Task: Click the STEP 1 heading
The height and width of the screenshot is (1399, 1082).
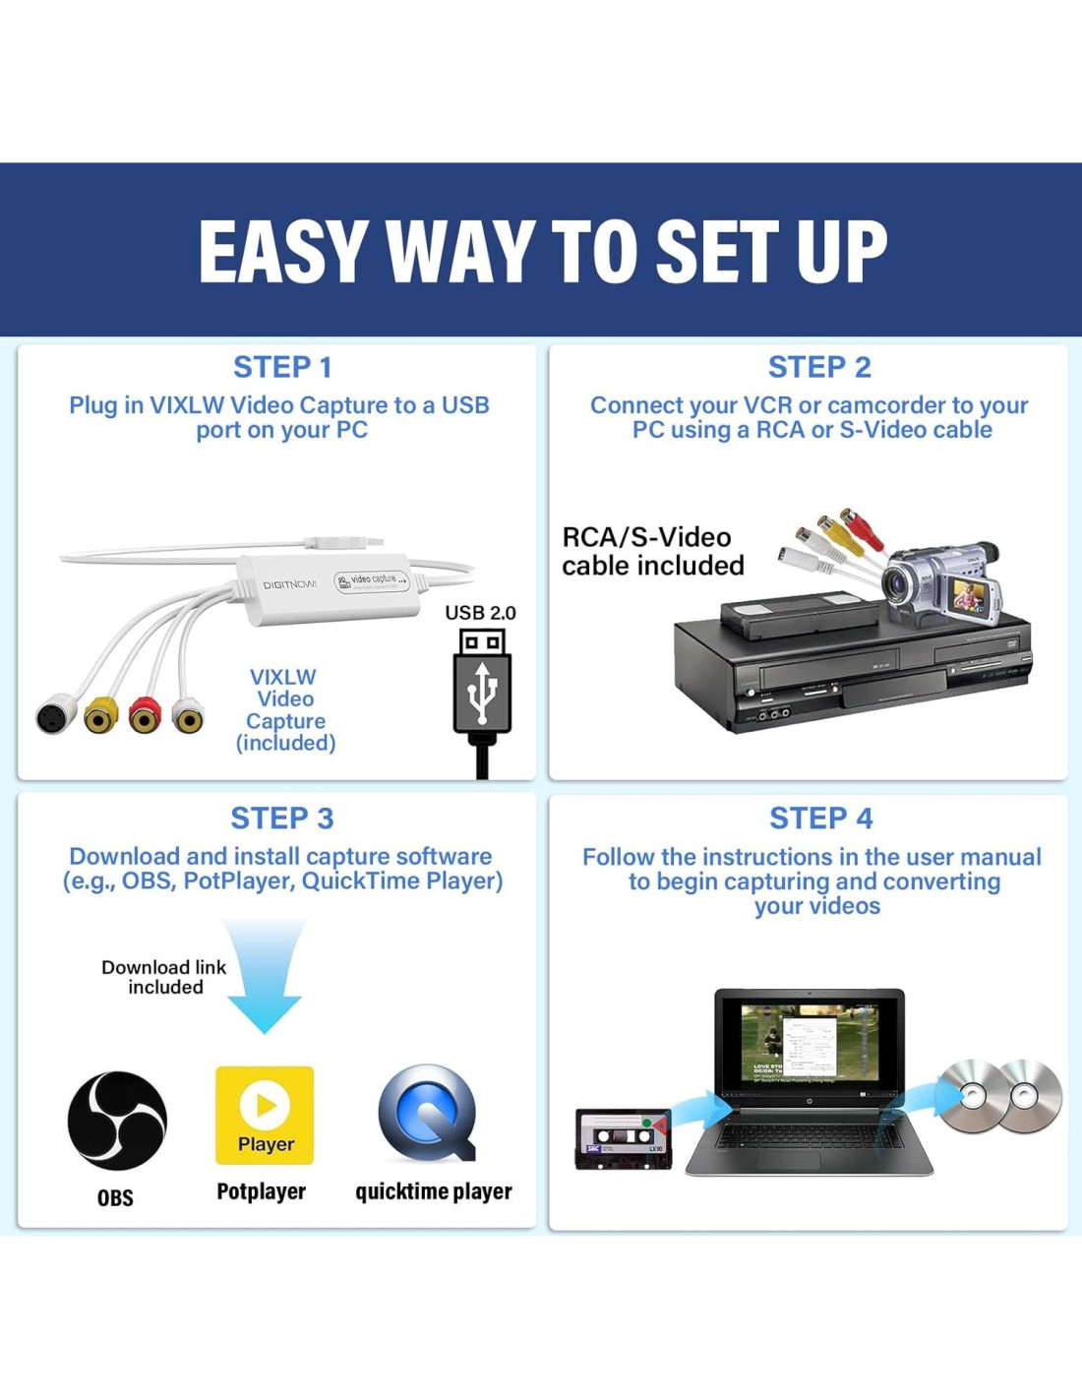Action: [282, 368]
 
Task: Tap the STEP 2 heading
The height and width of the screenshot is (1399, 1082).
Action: [819, 368]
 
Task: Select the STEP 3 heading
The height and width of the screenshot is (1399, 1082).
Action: [282, 819]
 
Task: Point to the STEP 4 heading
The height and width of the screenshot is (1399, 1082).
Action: [820, 819]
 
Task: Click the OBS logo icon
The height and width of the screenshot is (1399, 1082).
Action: [116, 1121]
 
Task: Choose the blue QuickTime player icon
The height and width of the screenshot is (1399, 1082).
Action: [429, 1114]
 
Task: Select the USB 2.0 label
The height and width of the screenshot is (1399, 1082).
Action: [480, 613]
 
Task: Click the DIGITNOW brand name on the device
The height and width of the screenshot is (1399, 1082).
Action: [289, 584]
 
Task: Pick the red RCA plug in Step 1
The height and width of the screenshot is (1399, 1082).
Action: [147, 714]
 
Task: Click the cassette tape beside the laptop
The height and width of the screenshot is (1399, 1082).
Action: [623, 1139]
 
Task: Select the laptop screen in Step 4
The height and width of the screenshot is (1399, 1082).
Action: [810, 1047]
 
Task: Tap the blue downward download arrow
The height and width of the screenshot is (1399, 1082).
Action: [265, 976]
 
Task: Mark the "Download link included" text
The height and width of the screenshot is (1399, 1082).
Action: [164, 977]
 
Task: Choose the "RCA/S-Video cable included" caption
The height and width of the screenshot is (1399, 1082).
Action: [653, 552]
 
